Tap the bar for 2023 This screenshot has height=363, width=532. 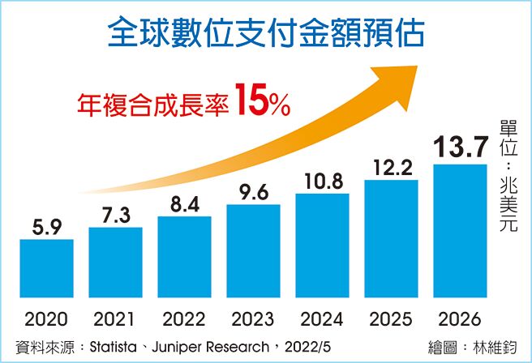(254, 253)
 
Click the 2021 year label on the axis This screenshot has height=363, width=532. (115, 318)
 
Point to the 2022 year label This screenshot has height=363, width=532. (184, 318)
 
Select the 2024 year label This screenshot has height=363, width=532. (323, 318)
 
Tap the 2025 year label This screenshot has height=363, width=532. (392, 318)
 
